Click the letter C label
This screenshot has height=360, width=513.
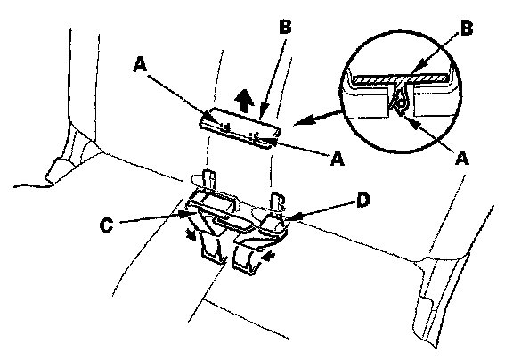pyautogui.click(x=106, y=225)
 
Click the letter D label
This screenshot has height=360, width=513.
pyautogui.click(x=362, y=200)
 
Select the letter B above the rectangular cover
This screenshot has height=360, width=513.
pyautogui.click(x=285, y=26)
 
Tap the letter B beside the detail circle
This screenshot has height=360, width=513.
pyautogui.click(x=467, y=29)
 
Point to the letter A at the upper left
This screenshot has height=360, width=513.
pyautogui.click(x=140, y=64)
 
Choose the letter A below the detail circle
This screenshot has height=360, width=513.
pyautogui.click(x=462, y=159)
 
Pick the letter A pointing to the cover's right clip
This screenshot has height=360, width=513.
pyautogui.click(x=338, y=159)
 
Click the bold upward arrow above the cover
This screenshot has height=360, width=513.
pyautogui.click(x=245, y=100)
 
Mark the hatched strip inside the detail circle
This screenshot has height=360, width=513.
pyautogui.click(x=401, y=78)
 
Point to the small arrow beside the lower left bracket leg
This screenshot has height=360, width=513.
pyautogui.click(x=190, y=233)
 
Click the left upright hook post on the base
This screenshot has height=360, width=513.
pyautogui.click(x=209, y=179)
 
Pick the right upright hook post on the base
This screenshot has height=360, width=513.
pyautogui.click(x=277, y=201)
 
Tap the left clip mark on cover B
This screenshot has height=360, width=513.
pyautogui.click(x=224, y=127)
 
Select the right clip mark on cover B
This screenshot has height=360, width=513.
pyautogui.click(x=255, y=136)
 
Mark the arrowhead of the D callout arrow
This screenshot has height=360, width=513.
pyautogui.click(x=293, y=218)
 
